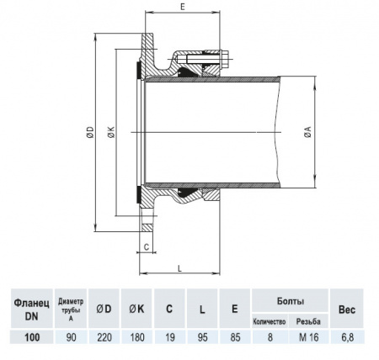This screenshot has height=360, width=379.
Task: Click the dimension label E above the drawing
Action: [183, 7]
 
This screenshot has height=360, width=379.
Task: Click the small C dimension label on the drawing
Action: [147, 247]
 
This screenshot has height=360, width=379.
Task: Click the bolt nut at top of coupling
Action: [226, 60]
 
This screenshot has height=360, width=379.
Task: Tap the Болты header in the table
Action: [290, 300]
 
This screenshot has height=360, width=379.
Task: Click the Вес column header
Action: [347, 308]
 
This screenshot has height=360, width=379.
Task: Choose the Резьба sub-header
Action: [309, 321]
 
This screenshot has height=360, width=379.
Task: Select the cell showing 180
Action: [136, 337]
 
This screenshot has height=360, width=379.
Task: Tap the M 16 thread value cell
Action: [308, 337]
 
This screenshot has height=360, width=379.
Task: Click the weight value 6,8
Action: [347, 337]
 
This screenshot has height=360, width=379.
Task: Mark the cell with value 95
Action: [202, 337]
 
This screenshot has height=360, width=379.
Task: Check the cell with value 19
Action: [169, 337]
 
